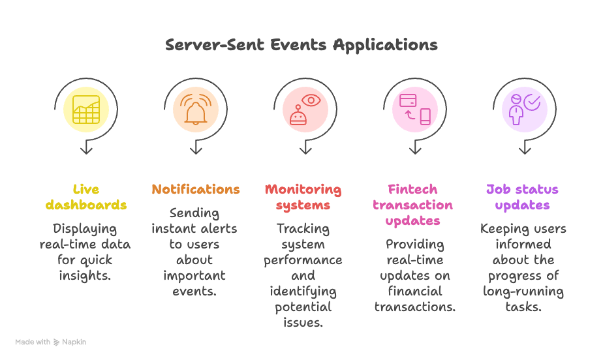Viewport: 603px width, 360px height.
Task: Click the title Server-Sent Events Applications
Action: pyautogui.click(x=301, y=45)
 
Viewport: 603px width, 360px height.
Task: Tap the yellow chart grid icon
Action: pyautogui.click(x=86, y=109)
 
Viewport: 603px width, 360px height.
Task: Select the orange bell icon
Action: pyautogui.click(x=195, y=109)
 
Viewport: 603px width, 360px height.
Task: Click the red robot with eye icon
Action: pyautogui.click(x=305, y=109)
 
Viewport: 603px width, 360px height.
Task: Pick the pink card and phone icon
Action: pyautogui.click(x=415, y=109)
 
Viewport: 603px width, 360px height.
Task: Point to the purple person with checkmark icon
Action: pyautogui.click(x=525, y=109)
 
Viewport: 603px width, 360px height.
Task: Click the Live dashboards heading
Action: pyautogui.click(x=86, y=197)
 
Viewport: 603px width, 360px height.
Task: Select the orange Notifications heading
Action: pyautogui.click(x=196, y=189)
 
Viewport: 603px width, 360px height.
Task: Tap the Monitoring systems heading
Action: pyautogui.click(x=303, y=197)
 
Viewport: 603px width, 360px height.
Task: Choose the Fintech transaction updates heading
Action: pyautogui.click(x=412, y=205)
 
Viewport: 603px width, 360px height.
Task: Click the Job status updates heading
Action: pyautogui.click(x=522, y=197)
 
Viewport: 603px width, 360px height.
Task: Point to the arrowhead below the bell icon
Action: pyautogui.click(x=196, y=150)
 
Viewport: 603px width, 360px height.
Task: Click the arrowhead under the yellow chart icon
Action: pyautogui.click(x=86, y=150)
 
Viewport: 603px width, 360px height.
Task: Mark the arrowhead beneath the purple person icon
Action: pyautogui.click(x=525, y=150)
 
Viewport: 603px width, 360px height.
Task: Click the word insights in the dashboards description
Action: pyautogui.click(x=86, y=276)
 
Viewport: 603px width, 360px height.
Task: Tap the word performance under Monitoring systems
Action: pyautogui.click(x=303, y=260)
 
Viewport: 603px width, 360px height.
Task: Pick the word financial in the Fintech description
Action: pyautogui.click(x=415, y=292)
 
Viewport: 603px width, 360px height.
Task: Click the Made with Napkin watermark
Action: pyautogui.click(x=51, y=342)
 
